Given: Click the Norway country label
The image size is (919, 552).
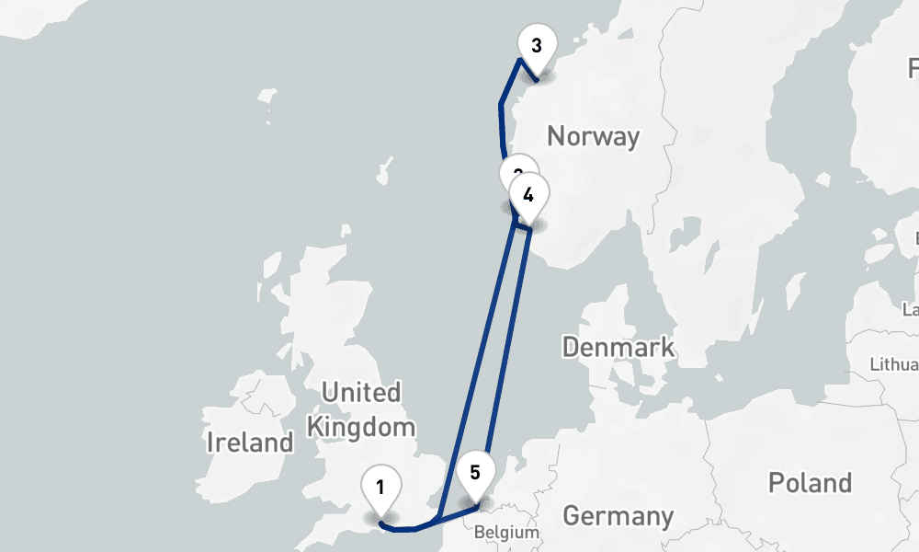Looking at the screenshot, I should [x=593, y=137].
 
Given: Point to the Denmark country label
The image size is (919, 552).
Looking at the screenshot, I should [x=618, y=348].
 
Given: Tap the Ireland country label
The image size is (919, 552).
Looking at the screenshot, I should [x=249, y=442].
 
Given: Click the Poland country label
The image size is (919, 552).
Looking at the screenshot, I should [x=810, y=482].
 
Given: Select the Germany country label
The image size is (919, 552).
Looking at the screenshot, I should [x=618, y=515].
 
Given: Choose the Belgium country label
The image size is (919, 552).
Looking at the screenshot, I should [x=506, y=532].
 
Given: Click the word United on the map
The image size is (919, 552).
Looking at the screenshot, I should [x=361, y=393].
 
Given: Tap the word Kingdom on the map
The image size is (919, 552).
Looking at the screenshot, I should [x=361, y=427].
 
